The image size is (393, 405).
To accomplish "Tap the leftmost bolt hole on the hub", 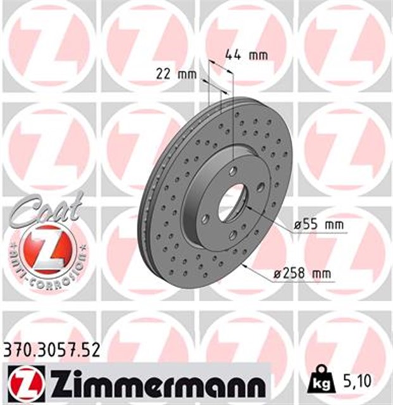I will pos(205,219).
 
